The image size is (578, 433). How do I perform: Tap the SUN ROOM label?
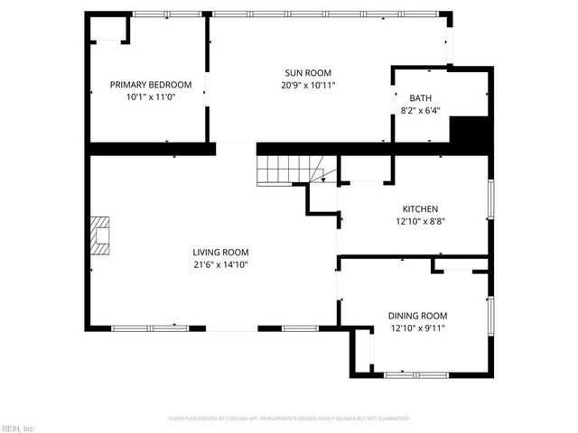pos(308,73)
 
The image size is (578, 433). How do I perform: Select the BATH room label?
pos(421,98)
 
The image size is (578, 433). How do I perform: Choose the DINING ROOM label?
pos(418,316)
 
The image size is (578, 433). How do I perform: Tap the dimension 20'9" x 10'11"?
pos(308,85)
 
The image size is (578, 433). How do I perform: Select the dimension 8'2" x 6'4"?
pos(421,111)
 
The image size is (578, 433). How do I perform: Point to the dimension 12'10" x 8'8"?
pos(421,220)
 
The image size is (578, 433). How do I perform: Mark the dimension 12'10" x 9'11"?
pos(418,327)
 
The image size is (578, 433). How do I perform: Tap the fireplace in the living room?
pos(100,236)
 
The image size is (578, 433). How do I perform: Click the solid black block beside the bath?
pos(470,134)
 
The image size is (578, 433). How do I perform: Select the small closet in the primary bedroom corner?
pos(108,28)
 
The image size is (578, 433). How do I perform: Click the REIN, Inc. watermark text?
pos(17,428)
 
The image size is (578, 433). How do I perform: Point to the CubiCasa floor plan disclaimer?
pos(289,419)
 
